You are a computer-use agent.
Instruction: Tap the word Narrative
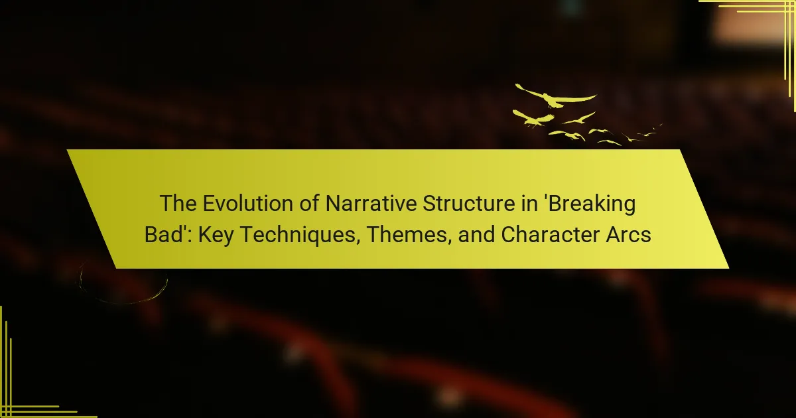[371, 203]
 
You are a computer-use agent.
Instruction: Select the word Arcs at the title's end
[628, 235]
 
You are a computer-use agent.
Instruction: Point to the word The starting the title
[178, 203]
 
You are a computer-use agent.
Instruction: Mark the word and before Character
[476, 235]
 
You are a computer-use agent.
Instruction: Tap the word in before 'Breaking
[527, 203]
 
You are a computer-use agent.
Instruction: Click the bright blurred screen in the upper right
[750, 25]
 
